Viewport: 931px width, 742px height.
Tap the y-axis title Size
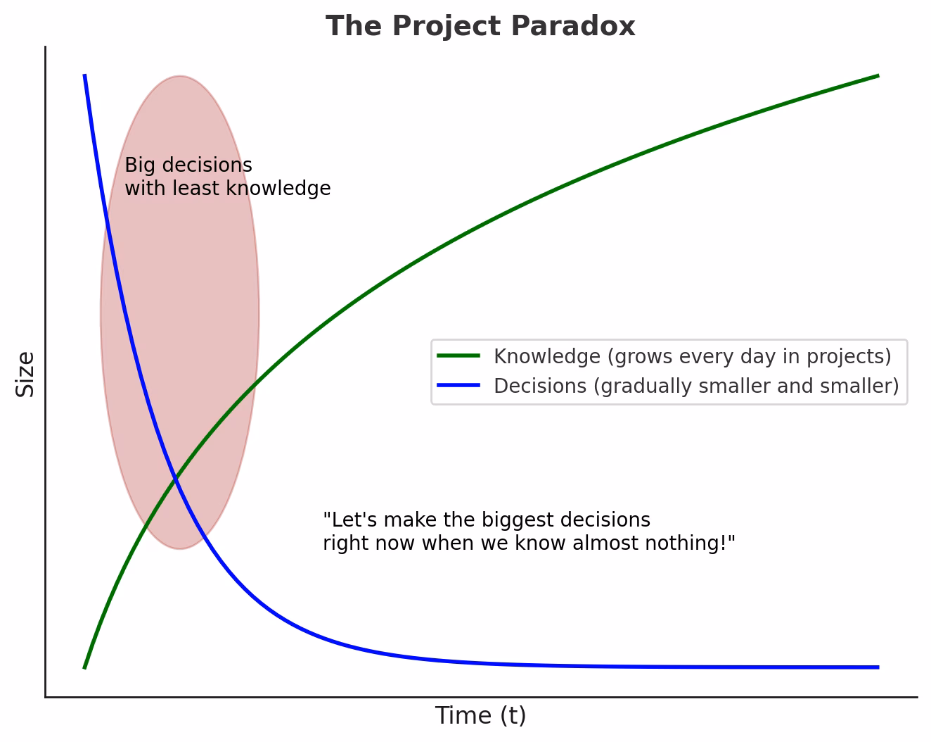click(x=25, y=374)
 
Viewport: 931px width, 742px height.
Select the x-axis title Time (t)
click(x=480, y=715)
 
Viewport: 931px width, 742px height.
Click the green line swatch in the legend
click(x=458, y=356)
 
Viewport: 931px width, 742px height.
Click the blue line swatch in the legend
click(x=458, y=386)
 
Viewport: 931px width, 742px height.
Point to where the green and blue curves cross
click(x=174, y=479)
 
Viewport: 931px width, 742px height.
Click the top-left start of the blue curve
click(x=85, y=75)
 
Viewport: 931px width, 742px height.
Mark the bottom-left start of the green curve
click(x=84, y=667)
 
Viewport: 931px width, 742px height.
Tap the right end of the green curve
click(x=878, y=75)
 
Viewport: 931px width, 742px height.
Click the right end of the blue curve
click(x=878, y=667)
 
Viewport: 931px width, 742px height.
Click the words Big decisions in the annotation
click(x=188, y=165)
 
